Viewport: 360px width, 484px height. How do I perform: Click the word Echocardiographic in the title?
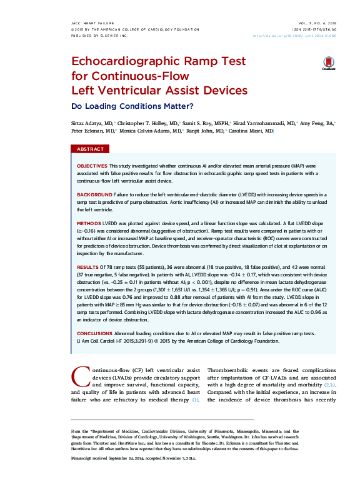pyautogui.click(x=124, y=63)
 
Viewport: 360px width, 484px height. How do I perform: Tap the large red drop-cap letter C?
pyautogui.click(x=80, y=376)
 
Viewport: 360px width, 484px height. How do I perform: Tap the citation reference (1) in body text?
pyautogui.click(x=196, y=400)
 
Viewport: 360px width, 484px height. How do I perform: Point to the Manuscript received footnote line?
pyautogui.click(x=133, y=460)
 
